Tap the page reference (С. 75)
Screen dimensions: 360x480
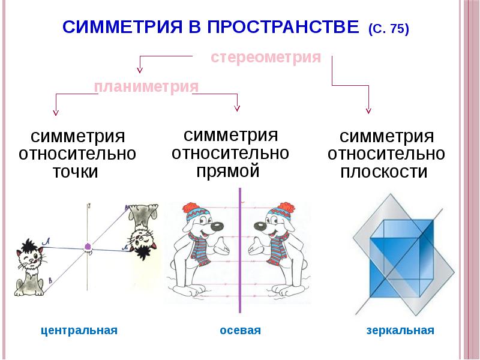click(389, 29)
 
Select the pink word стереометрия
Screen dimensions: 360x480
click(266, 58)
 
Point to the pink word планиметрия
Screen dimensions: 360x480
click(146, 87)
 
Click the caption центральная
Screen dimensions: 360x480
click(79, 331)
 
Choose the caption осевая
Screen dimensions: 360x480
click(240, 331)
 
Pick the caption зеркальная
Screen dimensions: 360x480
click(400, 331)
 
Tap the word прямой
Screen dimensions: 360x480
click(228, 171)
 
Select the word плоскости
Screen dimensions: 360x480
click(385, 172)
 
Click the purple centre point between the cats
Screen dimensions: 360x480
click(88, 246)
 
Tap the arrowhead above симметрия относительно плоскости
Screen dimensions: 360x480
click(368, 110)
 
